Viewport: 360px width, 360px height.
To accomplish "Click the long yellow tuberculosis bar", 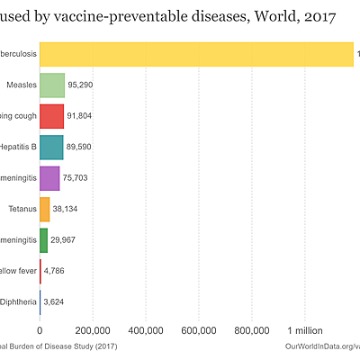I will coord(196,54).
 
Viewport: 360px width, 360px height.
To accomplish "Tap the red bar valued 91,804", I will coord(51,116).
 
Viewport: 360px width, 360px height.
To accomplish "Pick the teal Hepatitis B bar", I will coord(50,148).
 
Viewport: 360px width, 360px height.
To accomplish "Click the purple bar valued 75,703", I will coord(49,178).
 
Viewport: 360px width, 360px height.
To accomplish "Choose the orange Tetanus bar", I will coord(44,210).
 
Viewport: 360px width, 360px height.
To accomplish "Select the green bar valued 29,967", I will coord(43,240).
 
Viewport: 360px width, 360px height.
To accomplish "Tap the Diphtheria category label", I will coord(19,302).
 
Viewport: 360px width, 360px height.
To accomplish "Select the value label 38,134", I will coord(70,210).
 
